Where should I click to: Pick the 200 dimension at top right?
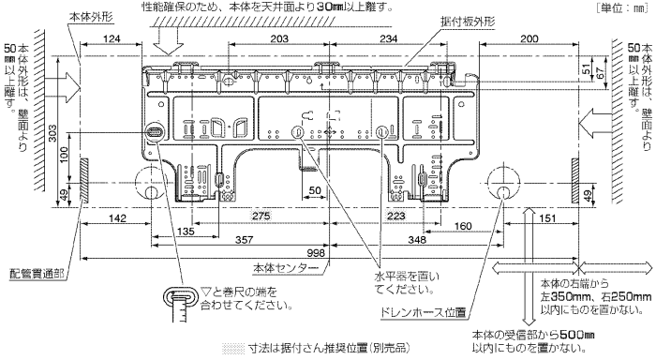pyautogui.click(x=529, y=38)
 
